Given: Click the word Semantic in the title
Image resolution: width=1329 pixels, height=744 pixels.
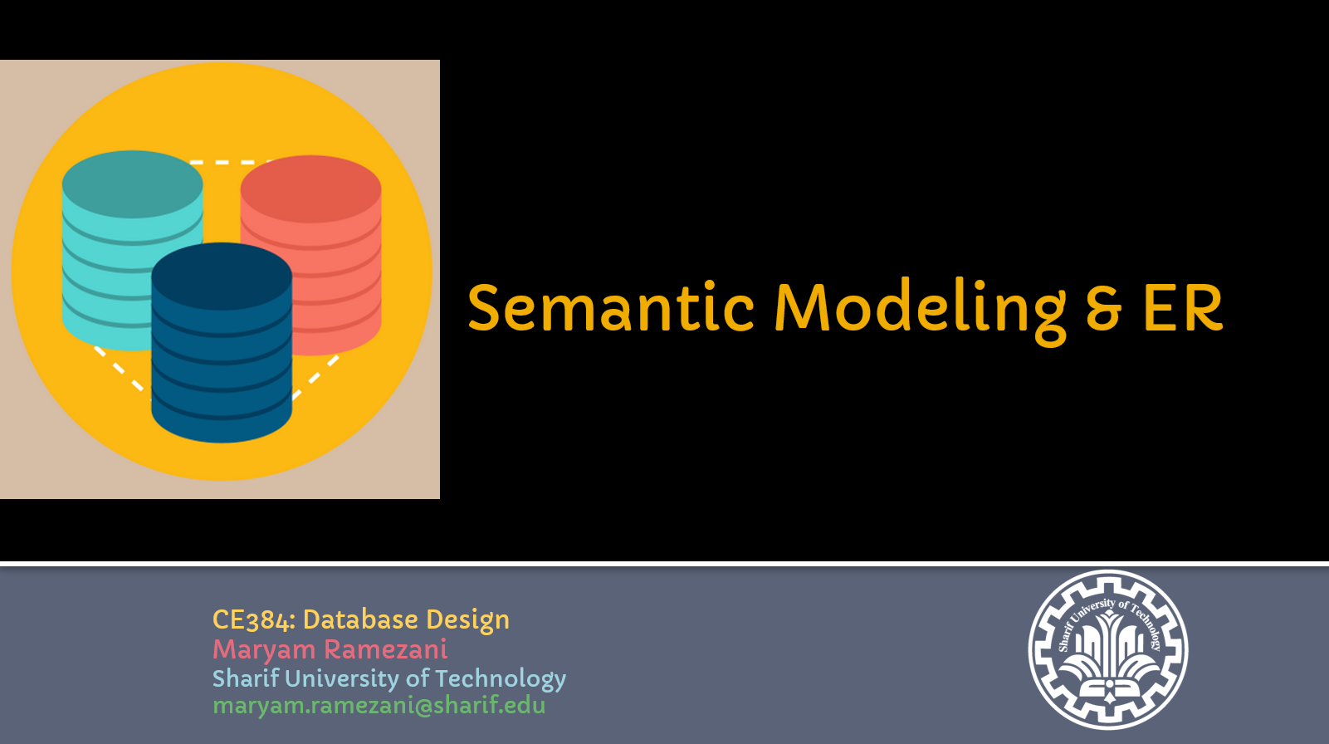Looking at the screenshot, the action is tap(611, 306).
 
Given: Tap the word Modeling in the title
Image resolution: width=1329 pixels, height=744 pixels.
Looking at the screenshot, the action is tap(921, 311).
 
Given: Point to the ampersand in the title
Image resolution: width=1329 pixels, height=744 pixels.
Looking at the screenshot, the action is tap(1104, 307).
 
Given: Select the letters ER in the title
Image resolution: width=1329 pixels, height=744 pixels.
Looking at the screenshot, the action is tap(1183, 306).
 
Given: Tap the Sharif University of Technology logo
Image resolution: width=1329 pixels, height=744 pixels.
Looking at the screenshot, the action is tap(1107, 649).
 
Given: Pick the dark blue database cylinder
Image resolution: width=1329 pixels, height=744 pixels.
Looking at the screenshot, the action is tap(222, 342).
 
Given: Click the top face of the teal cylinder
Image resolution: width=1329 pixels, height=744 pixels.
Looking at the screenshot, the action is tap(132, 184).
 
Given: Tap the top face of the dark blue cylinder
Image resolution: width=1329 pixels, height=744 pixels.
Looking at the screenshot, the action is tap(222, 276).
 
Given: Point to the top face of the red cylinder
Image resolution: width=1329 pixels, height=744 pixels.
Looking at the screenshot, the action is tap(311, 189).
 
